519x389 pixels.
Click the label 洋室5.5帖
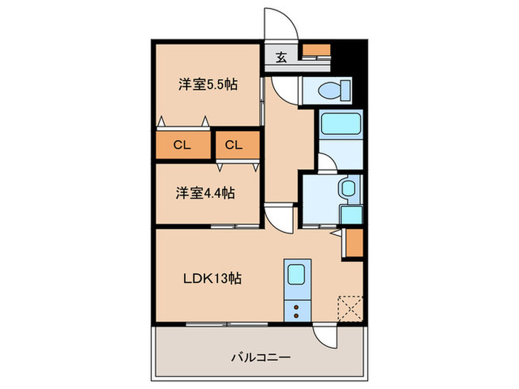click(x=207, y=84)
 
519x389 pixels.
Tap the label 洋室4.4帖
click(x=205, y=193)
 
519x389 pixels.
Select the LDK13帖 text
click(x=213, y=279)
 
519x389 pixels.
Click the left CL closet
click(x=182, y=145)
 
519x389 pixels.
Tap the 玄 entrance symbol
click(x=282, y=56)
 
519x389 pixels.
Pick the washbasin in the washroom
click(x=346, y=188)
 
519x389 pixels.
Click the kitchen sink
click(x=296, y=275)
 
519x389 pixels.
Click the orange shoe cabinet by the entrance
click(x=317, y=51)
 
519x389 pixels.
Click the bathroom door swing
click(x=326, y=162)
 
